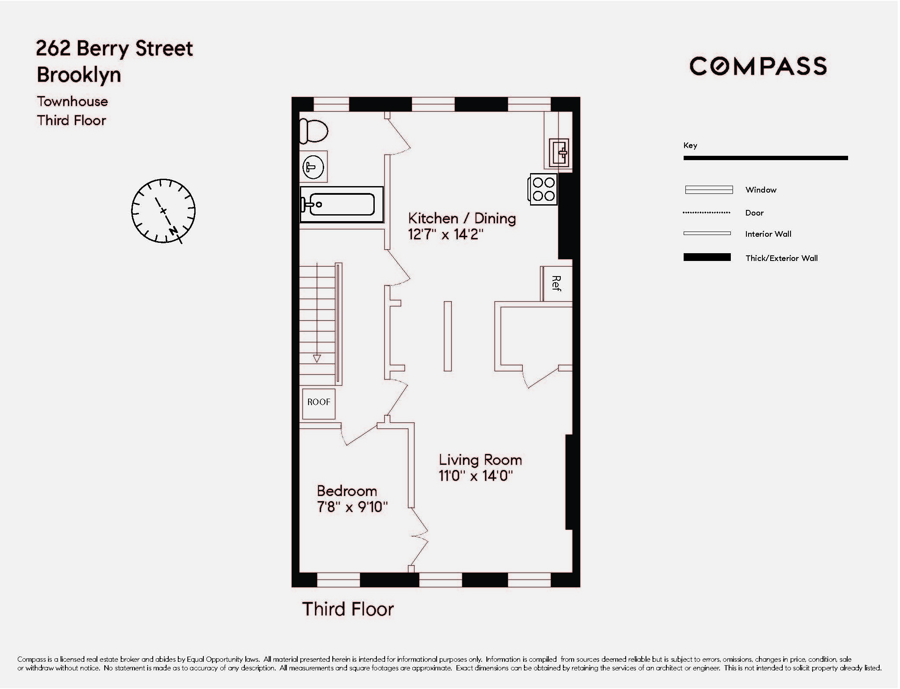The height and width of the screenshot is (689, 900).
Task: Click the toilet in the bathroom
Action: pyautogui.click(x=314, y=131)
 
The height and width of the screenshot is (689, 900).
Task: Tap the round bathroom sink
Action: pyautogui.click(x=313, y=167)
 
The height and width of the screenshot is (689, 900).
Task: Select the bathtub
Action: pyautogui.click(x=342, y=205)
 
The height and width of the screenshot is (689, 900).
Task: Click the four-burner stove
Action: pyautogui.click(x=543, y=189)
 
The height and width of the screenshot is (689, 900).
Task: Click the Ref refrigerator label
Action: pyautogui.click(x=556, y=283)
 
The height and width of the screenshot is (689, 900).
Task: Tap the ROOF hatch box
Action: pyautogui.click(x=319, y=402)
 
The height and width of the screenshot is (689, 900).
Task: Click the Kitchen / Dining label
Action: pyautogui.click(x=462, y=218)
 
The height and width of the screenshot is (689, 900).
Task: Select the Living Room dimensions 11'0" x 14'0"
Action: pyautogui.click(x=476, y=476)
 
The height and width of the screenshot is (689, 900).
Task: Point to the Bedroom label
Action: pyautogui.click(x=347, y=491)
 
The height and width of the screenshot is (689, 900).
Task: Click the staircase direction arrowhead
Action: pyautogui.click(x=317, y=359)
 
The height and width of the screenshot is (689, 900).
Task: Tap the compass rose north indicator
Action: pyautogui.click(x=174, y=230)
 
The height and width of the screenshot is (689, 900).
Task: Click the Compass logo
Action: pyautogui.click(x=758, y=67)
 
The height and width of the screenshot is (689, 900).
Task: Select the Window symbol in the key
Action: pyautogui.click(x=708, y=190)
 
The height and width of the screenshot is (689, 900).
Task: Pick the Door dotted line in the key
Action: pyautogui.click(x=706, y=213)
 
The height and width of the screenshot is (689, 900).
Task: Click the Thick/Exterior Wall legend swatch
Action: pyautogui.click(x=707, y=258)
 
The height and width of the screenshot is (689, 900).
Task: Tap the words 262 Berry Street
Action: pyautogui.click(x=114, y=48)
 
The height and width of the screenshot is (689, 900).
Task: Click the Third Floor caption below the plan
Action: pyautogui.click(x=348, y=609)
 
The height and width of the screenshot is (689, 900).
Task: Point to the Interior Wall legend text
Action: pyautogui.click(x=768, y=234)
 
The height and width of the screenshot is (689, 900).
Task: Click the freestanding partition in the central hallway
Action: pyautogui.click(x=448, y=336)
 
